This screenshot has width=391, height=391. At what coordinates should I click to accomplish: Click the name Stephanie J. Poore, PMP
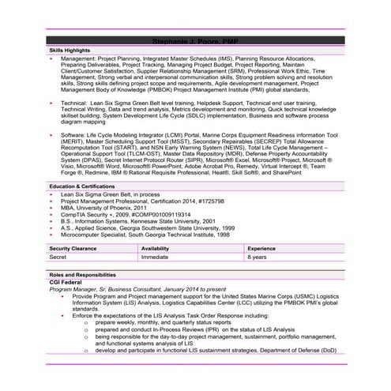tap(195, 39)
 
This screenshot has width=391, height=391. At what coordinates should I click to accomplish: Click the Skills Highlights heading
tap(70, 49)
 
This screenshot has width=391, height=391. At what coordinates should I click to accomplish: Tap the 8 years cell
tap(258, 257)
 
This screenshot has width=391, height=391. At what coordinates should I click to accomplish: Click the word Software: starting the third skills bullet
tap(75, 136)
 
